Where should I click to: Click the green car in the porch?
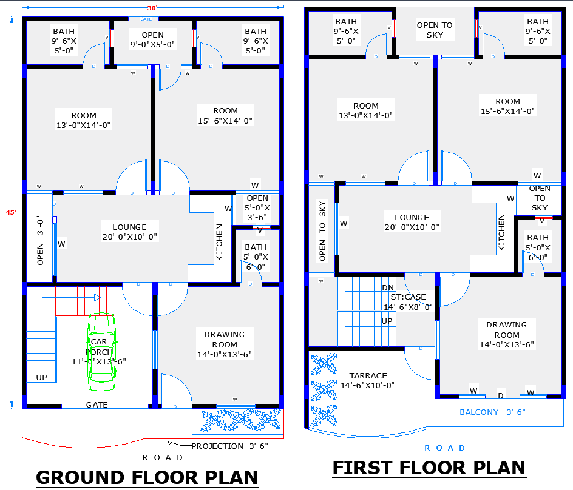click(x=101, y=349)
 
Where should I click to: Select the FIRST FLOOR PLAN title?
click(x=429, y=468)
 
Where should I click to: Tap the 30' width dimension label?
click(x=152, y=8)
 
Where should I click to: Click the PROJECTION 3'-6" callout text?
click(x=229, y=446)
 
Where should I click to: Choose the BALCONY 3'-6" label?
click(x=492, y=412)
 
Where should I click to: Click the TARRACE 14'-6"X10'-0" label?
click(x=368, y=380)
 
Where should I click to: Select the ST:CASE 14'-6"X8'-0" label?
click(x=411, y=301)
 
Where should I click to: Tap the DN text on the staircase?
click(x=388, y=287)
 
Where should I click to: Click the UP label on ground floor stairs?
click(x=41, y=377)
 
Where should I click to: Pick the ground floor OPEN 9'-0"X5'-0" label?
click(x=152, y=39)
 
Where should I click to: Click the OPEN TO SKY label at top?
click(x=435, y=30)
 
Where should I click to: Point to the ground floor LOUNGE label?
click(x=130, y=232)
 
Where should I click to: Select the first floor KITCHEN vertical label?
click(x=501, y=232)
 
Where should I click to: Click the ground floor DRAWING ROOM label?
click(x=224, y=344)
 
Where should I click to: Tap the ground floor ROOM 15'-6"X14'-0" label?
click(x=225, y=115)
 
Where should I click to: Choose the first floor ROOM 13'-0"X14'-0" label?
click(x=365, y=110)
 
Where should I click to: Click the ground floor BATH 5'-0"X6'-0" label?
click(x=256, y=256)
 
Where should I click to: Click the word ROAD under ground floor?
click(x=163, y=458)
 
